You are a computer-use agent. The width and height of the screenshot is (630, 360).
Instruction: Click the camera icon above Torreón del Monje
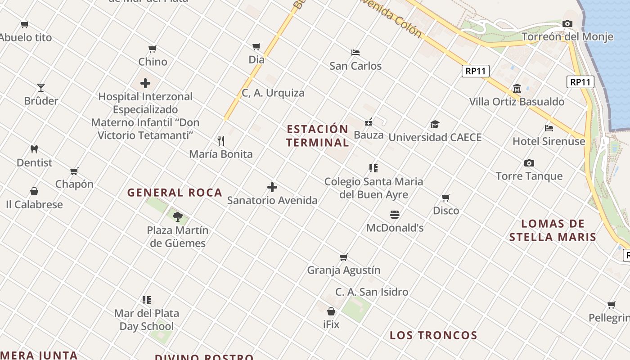pyautogui.click(x=567, y=23)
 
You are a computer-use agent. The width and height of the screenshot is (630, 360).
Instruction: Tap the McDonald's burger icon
pyautogui.click(x=395, y=215)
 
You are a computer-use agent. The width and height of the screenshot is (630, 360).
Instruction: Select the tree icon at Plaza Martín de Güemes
pyautogui.click(x=178, y=217)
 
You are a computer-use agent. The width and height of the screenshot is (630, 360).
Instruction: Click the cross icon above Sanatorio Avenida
pyautogui.click(x=272, y=187)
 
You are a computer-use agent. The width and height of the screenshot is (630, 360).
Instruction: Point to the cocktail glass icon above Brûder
pyautogui.click(x=41, y=88)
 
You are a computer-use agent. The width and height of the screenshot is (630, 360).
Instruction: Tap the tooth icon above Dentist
pyautogui.click(x=34, y=149)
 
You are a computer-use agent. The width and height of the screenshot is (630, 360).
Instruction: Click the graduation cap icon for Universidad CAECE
pyautogui.click(x=435, y=124)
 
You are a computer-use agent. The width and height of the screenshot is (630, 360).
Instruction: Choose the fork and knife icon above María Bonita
pyautogui.click(x=221, y=141)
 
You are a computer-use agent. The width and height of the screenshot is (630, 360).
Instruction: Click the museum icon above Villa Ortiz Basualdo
pyautogui.click(x=517, y=89)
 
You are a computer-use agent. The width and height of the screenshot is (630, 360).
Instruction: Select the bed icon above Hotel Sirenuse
pyautogui.click(x=549, y=128)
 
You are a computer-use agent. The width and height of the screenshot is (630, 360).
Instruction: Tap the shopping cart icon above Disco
pyautogui.click(x=446, y=198)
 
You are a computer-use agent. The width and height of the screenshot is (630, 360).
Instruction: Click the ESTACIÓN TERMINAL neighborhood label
pyautogui.click(x=318, y=136)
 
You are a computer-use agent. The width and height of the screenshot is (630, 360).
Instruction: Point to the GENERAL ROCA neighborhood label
pyautogui.click(x=175, y=193)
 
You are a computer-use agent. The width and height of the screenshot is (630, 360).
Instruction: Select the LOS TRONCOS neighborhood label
pyautogui.click(x=433, y=335)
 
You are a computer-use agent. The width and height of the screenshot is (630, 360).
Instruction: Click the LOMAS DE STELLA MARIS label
pyautogui.click(x=553, y=230)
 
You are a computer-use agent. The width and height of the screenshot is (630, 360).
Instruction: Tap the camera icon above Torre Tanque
pyautogui.click(x=529, y=163)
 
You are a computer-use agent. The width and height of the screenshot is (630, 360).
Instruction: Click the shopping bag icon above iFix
pyautogui.click(x=331, y=311)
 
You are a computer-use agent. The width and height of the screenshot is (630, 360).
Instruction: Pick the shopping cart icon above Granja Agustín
pyautogui.click(x=344, y=257)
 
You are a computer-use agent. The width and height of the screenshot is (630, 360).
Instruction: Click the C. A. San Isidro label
pyautogui.click(x=372, y=292)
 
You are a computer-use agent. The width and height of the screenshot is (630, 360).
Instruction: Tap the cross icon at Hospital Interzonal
pyautogui.click(x=145, y=83)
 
